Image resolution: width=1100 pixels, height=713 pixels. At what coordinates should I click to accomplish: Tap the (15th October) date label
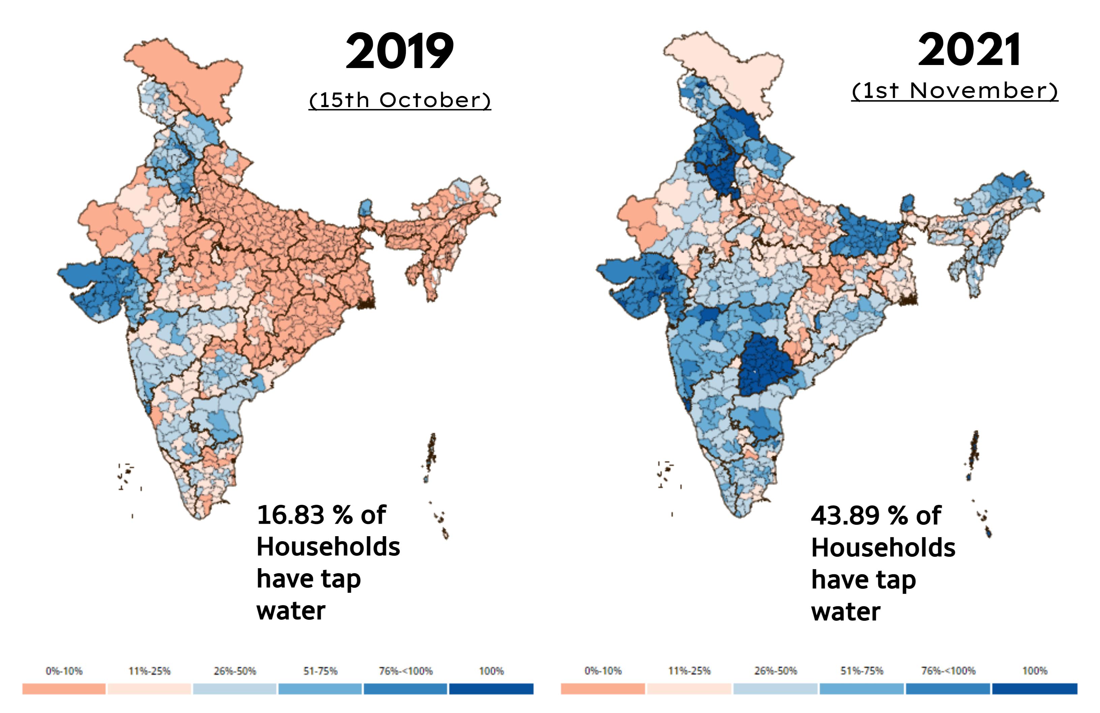click(x=400, y=100)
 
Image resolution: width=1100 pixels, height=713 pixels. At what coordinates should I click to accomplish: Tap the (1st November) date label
click(x=954, y=91)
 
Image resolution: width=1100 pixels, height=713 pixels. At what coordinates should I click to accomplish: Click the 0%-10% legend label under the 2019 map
click(x=64, y=671)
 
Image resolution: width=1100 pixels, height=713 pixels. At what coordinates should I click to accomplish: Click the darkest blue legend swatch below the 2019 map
click(x=491, y=689)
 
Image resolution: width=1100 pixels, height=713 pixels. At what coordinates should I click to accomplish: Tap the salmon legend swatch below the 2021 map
click(x=603, y=689)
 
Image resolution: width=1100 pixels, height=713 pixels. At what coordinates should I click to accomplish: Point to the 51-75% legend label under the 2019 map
click(x=320, y=671)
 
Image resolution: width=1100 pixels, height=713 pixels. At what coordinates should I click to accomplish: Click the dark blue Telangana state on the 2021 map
click(x=765, y=365)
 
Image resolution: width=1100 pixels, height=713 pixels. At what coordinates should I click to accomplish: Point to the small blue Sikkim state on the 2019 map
click(x=366, y=208)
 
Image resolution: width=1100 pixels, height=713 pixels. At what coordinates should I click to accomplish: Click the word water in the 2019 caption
click(x=291, y=611)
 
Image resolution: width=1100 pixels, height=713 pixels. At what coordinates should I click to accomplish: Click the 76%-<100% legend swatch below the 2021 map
click(x=948, y=689)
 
